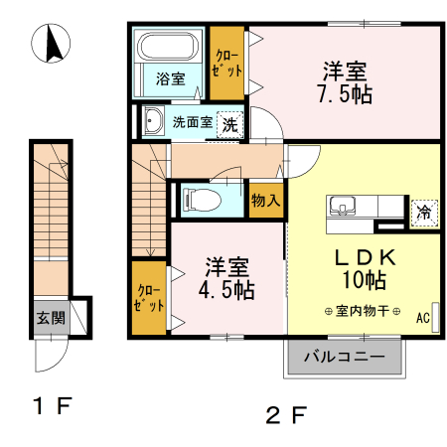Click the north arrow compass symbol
[x=52, y=44]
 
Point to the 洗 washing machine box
[x=229, y=125]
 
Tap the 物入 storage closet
[x=266, y=200]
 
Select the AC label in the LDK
[x=422, y=319]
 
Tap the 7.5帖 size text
[x=345, y=96]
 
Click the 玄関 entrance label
[x=51, y=318]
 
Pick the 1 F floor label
[x=50, y=405]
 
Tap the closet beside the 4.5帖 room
[x=149, y=297]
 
